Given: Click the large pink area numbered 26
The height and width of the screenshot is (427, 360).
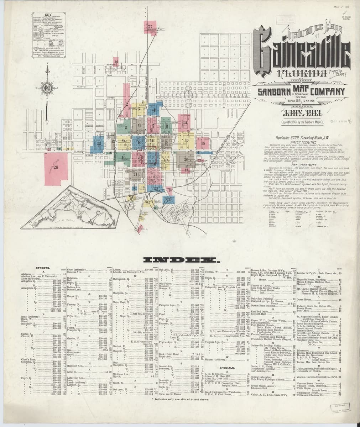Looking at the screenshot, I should click(x=55, y=167).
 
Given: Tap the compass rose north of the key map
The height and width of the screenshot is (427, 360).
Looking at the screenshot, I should click(x=47, y=88).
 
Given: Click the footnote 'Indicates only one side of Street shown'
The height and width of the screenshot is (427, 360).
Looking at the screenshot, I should click(x=181, y=400).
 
